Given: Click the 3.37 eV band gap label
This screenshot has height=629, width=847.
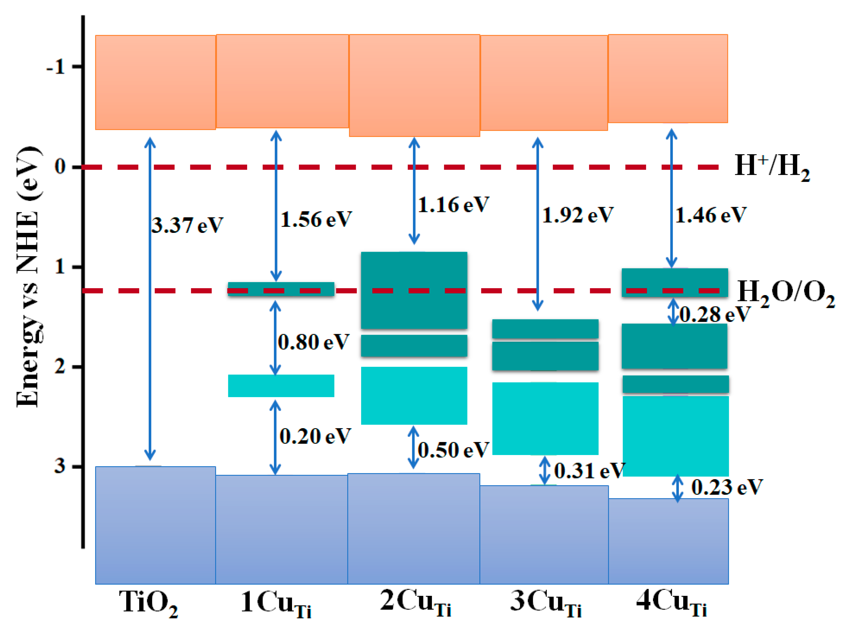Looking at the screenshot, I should [187, 225].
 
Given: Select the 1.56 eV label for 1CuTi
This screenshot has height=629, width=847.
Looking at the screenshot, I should [316, 220].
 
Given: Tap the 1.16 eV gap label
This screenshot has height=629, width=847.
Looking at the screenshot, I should [453, 205].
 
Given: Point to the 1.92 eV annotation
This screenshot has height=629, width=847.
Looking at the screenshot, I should [577, 215].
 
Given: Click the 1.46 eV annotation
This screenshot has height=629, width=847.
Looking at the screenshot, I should [710, 215].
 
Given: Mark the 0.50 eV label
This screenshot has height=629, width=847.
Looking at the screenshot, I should [453, 450].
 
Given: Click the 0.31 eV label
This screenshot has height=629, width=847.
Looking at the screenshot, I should [589, 471].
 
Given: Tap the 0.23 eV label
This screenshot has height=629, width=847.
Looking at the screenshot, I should [727, 487].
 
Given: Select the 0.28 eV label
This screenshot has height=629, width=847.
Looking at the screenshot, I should [715, 314].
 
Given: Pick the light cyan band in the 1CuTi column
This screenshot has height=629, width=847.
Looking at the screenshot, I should [281, 386].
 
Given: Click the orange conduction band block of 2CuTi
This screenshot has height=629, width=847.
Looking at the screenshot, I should [414, 85].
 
